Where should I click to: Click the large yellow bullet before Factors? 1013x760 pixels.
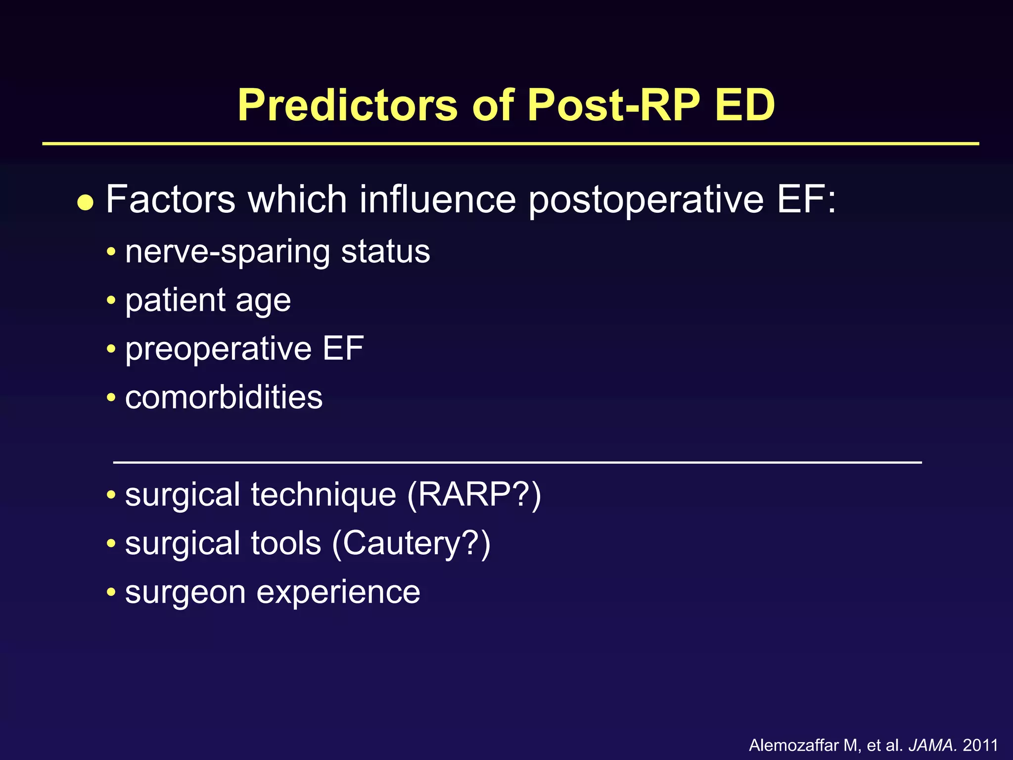[x=86, y=202]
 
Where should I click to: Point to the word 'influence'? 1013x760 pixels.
[x=437, y=199]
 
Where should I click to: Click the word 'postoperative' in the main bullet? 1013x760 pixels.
[x=646, y=199]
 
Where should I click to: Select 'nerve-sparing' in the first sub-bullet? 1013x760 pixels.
[x=228, y=252]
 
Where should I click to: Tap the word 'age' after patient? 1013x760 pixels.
[x=263, y=301]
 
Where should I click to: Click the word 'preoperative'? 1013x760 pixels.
[x=218, y=349]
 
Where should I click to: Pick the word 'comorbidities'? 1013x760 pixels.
[x=224, y=397]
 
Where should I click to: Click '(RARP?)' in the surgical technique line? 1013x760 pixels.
[x=474, y=495]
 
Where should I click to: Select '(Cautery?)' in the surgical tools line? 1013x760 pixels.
[x=411, y=543]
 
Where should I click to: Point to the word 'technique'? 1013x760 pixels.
[x=323, y=495]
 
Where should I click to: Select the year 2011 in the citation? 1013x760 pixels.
[x=980, y=745]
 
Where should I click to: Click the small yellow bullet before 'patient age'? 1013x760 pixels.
[x=111, y=300]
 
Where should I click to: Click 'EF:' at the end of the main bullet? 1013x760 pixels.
[x=806, y=199]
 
